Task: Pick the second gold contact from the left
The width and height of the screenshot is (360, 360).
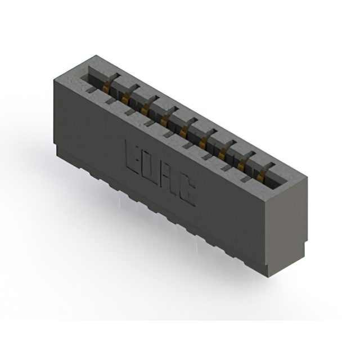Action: coord(125,98)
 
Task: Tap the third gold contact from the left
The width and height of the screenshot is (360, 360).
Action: coord(145,110)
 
